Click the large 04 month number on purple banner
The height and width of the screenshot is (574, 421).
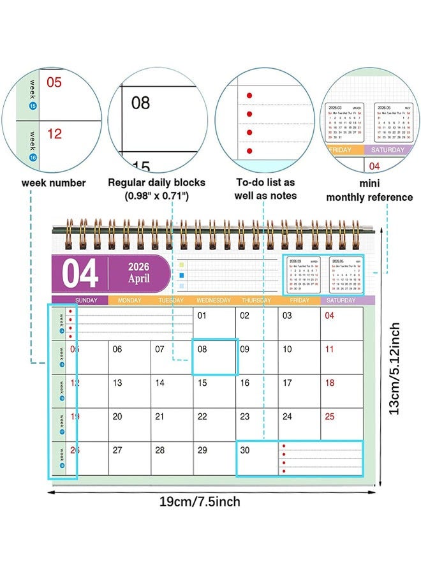pyautogui.click(x=80, y=274)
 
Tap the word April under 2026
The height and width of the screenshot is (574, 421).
pyautogui.click(x=138, y=279)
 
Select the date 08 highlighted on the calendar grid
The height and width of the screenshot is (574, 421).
pyautogui.click(x=202, y=349)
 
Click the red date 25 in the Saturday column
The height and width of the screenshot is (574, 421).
pyautogui.click(x=330, y=416)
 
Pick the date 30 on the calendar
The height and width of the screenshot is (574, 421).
pyautogui.click(x=245, y=450)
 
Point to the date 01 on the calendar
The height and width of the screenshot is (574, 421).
pyautogui.click(x=202, y=315)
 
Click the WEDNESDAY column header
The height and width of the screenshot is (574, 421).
pyautogui.click(x=213, y=300)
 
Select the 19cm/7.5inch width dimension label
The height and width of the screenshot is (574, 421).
pyautogui.click(x=199, y=501)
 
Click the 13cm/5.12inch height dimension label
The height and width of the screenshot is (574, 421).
pyautogui.click(x=395, y=369)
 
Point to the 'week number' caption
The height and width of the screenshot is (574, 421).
pyautogui.click(x=54, y=183)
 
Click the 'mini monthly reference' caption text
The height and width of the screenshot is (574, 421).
pyautogui.click(x=369, y=190)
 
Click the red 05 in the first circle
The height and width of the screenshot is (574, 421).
pyautogui.click(x=55, y=82)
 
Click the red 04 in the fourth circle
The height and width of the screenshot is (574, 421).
pyautogui.click(x=375, y=166)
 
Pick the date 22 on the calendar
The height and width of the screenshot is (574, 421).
pyautogui.click(x=202, y=416)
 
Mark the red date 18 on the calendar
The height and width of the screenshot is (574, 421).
pyautogui.click(x=330, y=383)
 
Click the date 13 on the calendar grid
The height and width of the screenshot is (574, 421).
pyautogui.click(x=117, y=383)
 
